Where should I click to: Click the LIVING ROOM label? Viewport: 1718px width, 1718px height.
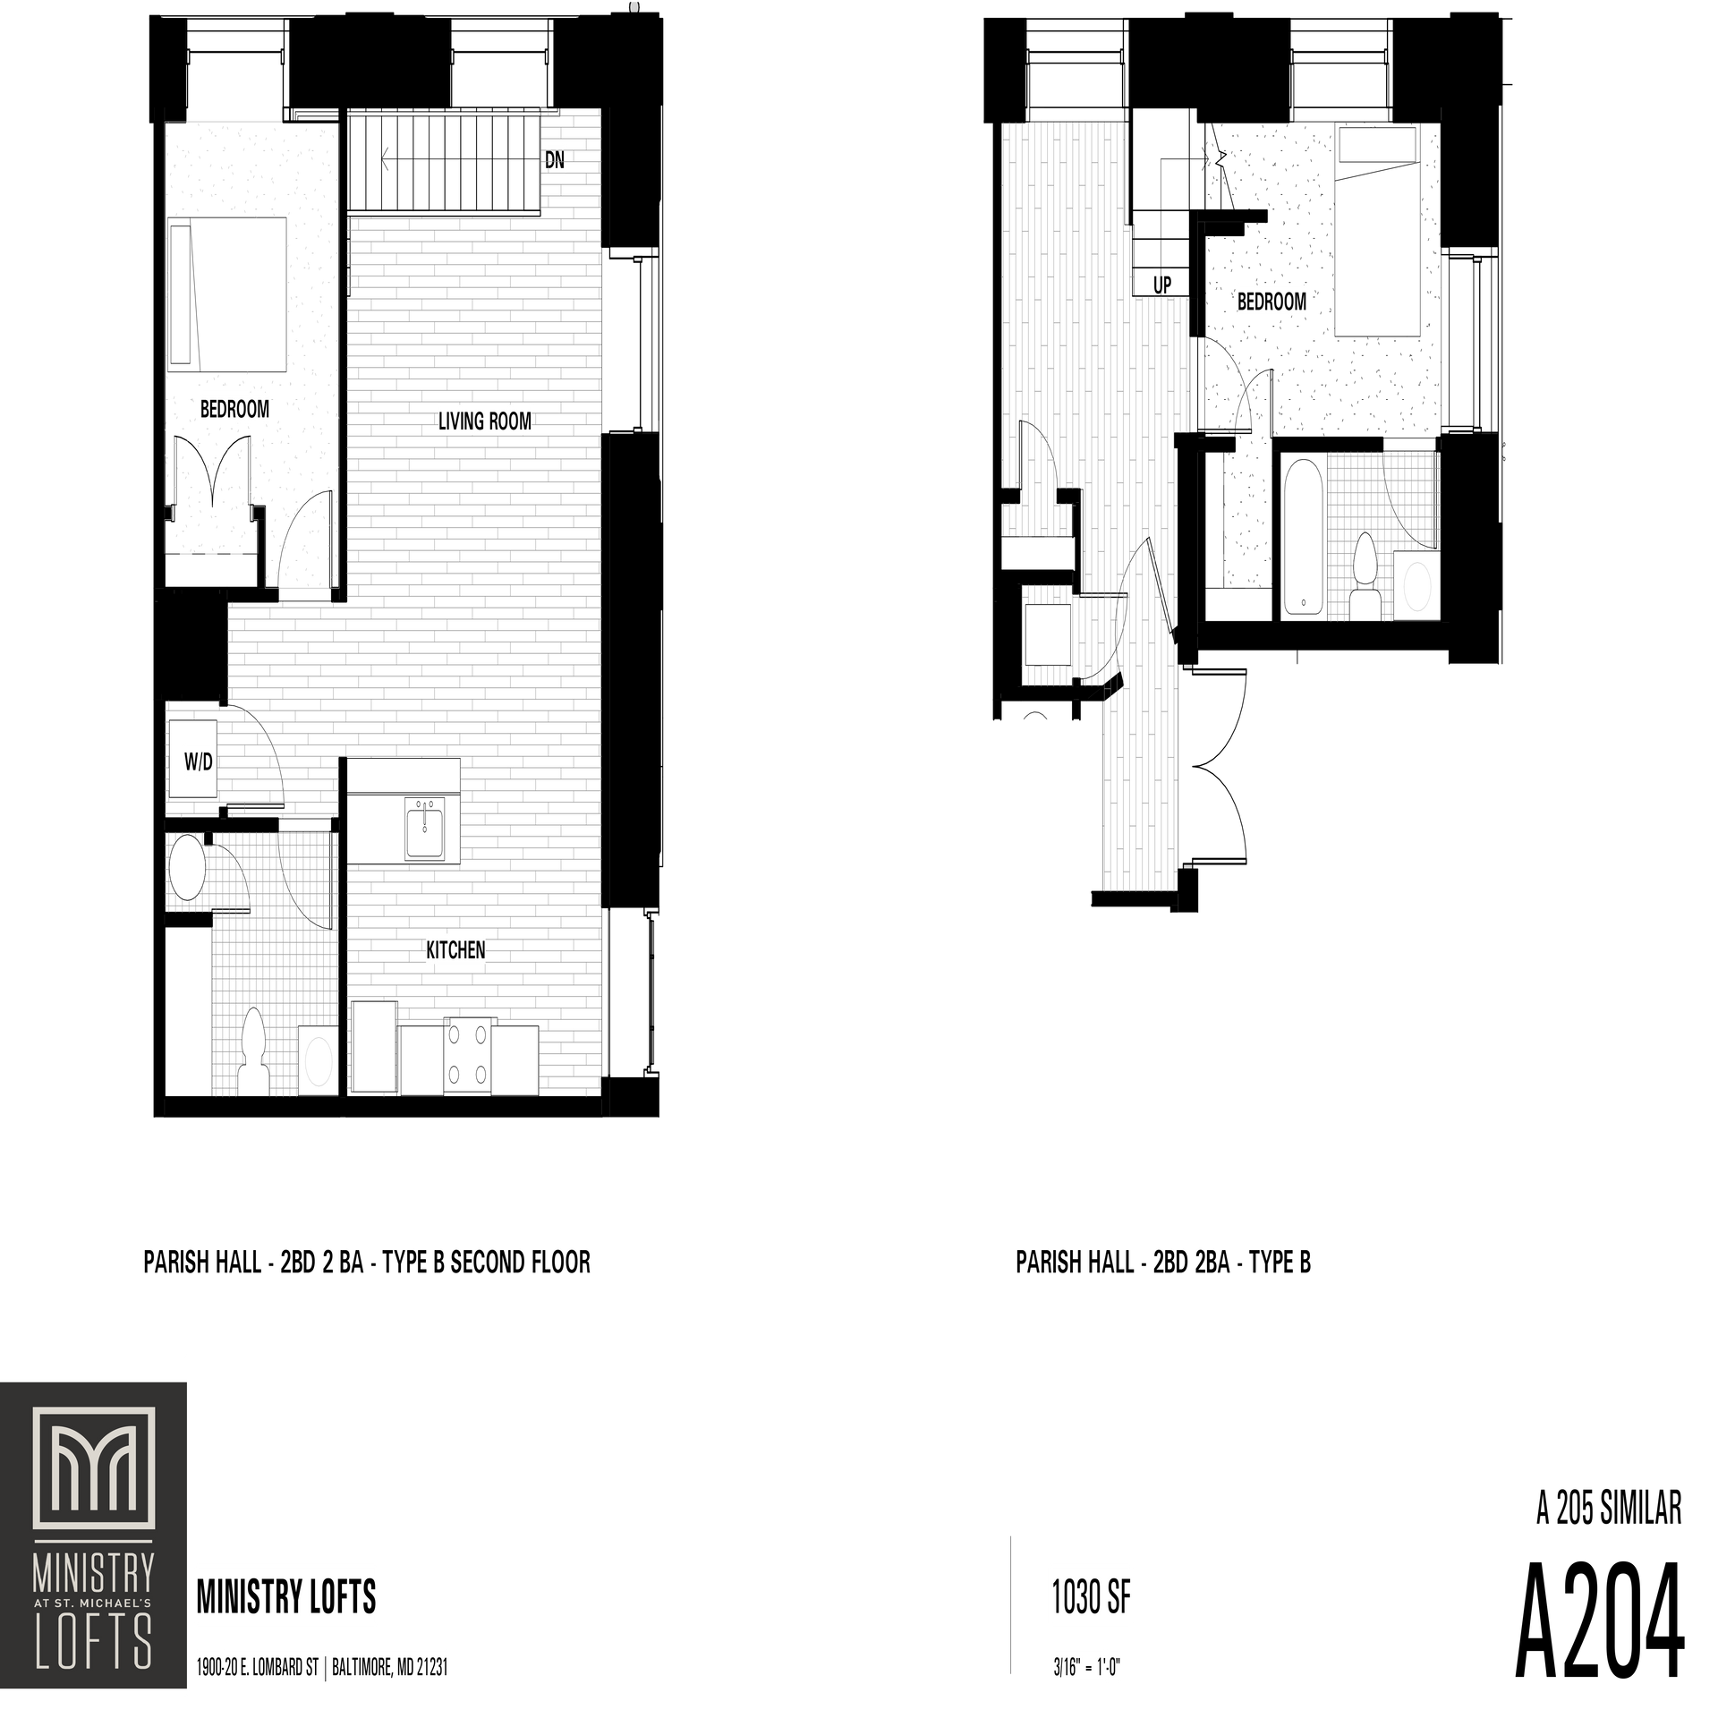tap(484, 421)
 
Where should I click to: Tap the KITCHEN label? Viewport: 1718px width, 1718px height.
tap(455, 950)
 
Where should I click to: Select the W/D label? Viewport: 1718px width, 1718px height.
tap(198, 762)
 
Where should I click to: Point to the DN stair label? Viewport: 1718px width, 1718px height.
tap(555, 160)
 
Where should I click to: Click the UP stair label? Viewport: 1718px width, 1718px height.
tap(1161, 285)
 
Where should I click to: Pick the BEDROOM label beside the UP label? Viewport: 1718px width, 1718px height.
tap(1271, 302)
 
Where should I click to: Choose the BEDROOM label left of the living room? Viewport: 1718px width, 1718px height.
tap(234, 409)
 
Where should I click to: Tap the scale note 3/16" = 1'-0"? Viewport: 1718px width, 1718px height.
tap(1087, 1669)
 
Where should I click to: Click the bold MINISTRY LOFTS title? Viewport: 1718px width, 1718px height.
tap(286, 1595)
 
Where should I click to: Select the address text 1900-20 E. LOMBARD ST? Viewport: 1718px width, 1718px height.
tap(257, 1668)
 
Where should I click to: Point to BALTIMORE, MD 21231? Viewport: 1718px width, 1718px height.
tap(389, 1668)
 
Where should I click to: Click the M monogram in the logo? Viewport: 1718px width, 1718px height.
tap(94, 1481)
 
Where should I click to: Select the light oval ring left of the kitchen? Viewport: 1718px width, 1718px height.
tap(319, 1061)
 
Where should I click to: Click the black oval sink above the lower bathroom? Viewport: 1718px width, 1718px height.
tap(188, 868)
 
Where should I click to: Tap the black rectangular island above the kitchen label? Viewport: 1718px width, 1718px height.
tap(401, 811)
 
